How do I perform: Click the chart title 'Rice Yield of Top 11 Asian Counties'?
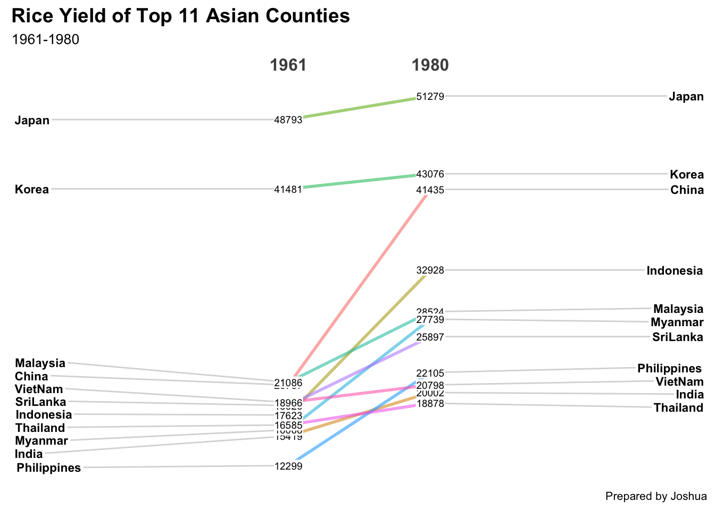(180, 16)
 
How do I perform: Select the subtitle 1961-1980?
(45, 40)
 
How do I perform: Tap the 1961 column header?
(288, 65)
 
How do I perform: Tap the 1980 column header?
(430, 65)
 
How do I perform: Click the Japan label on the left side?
(32, 120)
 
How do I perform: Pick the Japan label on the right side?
(686, 97)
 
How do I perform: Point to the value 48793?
(288, 120)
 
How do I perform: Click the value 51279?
(430, 97)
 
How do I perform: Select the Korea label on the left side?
(32, 190)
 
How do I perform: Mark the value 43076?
(430, 174)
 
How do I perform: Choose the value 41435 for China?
(430, 190)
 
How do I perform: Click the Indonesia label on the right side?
(675, 271)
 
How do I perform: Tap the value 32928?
(430, 270)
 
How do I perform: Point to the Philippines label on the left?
(49, 468)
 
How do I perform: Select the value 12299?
(288, 466)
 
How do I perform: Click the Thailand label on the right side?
(678, 408)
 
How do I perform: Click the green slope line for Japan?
(359, 107)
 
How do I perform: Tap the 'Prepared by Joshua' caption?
(656, 497)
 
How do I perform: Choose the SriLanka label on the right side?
(678, 337)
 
